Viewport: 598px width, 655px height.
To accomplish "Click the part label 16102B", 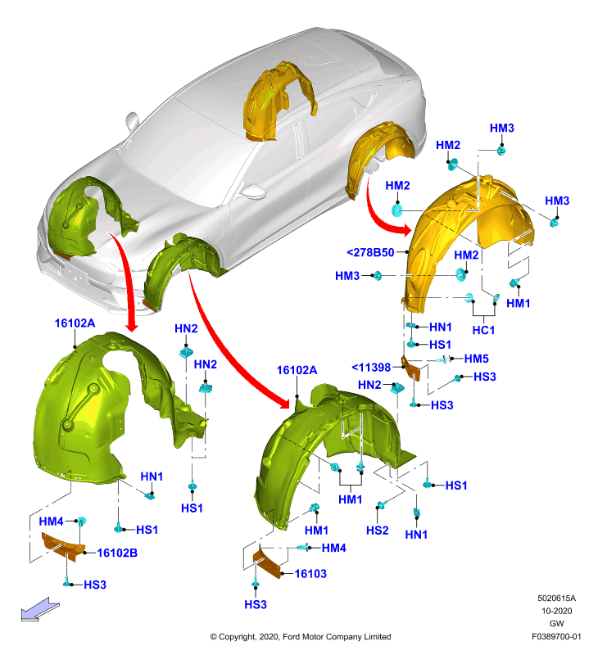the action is (117, 553).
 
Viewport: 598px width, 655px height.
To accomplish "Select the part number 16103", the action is (310, 574).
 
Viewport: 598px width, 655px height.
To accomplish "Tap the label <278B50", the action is (370, 252).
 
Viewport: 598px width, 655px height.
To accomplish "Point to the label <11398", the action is (371, 367).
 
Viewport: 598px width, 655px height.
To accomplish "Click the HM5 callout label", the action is (477, 359).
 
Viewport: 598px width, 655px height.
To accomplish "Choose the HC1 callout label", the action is (483, 330).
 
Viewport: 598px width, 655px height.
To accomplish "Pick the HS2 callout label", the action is (378, 530).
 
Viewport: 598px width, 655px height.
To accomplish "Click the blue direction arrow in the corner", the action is (40, 609).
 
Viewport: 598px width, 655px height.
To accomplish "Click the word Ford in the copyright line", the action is (292, 637).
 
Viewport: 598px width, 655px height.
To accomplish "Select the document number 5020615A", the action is (556, 599).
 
